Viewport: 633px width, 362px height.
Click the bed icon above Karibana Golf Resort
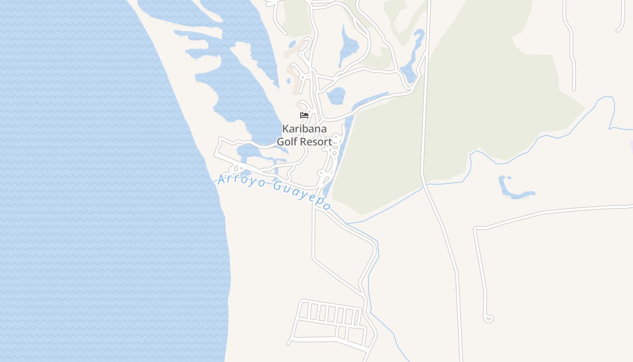(x=304, y=115)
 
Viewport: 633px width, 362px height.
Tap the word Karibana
(x=304, y=129)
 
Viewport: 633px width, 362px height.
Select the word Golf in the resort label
(x=288, y=142)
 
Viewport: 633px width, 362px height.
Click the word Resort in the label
(x=316, y=142)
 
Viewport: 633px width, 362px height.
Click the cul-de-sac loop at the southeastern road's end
(x=488, y=319)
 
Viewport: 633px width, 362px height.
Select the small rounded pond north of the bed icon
(x=336, y=95)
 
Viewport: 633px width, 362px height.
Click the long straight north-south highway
(x=425, y=113)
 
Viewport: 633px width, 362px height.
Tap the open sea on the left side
(x=90, y=181)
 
